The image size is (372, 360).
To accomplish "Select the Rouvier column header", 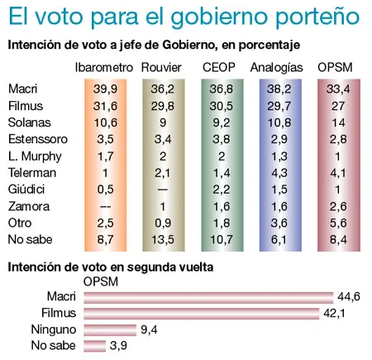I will pos(162,67).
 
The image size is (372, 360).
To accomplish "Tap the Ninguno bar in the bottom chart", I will pos(112,329).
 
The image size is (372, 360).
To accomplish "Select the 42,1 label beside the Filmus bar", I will pos(334,313).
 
